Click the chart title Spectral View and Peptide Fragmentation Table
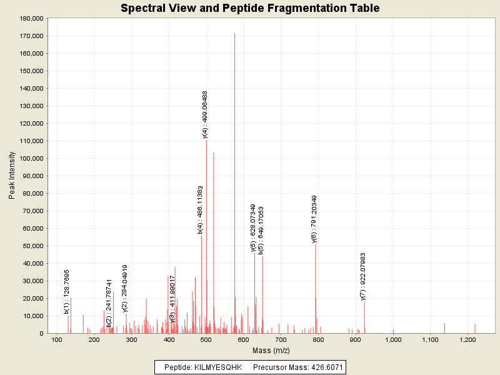coord(250,8)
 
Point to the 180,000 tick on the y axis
coord(30,19)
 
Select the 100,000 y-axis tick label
coord(30,159)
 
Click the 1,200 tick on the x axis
coord(467,339)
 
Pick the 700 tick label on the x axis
coord(281,339)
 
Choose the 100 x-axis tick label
coord(56,339)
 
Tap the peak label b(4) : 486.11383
coord(200,210)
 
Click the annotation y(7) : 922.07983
coord(363,277)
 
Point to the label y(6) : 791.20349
coord(314,219)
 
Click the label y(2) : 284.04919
coord(125,287)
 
